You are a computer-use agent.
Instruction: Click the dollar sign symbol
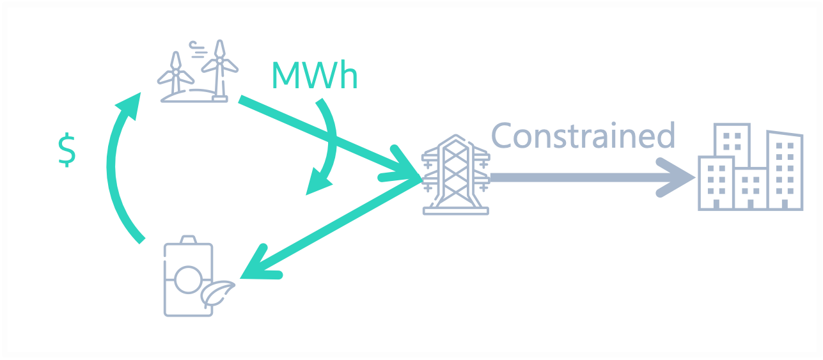67,152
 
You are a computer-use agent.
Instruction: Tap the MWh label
314,75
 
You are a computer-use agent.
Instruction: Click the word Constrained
583,136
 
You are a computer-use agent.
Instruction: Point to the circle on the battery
188,279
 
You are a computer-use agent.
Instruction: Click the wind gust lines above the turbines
198,47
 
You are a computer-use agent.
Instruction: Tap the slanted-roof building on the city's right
785,169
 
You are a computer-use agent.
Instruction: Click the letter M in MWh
286,75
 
